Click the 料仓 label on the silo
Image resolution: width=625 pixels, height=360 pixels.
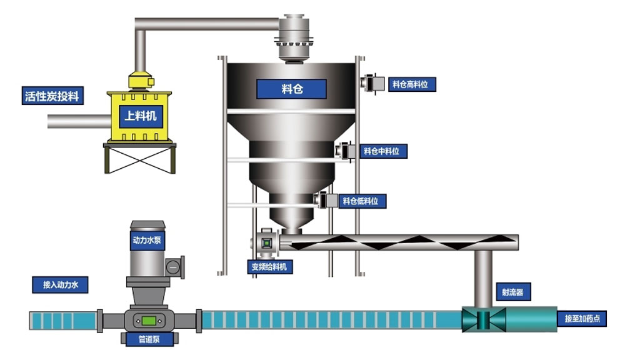(292, 89)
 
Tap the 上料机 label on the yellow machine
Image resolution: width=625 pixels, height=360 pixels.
(141, 116)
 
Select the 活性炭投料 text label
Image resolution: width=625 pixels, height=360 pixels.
(53, 96)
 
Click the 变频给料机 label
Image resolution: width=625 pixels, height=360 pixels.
(269, 266)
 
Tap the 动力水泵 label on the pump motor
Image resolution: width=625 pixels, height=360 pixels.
(147, 239)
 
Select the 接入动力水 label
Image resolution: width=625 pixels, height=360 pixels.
(61, 285)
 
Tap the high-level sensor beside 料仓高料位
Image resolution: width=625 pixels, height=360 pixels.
(372, 82)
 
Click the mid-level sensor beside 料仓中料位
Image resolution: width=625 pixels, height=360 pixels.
(346, 151)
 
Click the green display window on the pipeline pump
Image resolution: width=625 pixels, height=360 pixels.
(149, 321)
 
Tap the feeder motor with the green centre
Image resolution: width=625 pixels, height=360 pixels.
(266, 243)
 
